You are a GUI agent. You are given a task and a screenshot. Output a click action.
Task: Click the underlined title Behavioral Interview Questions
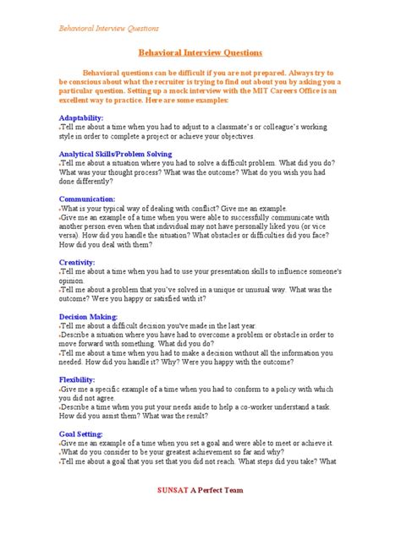coord(200,52)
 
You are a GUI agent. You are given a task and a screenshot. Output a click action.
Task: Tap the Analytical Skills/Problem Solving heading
coord(115,154)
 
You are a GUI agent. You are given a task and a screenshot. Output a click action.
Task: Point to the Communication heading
coord(87,199)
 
